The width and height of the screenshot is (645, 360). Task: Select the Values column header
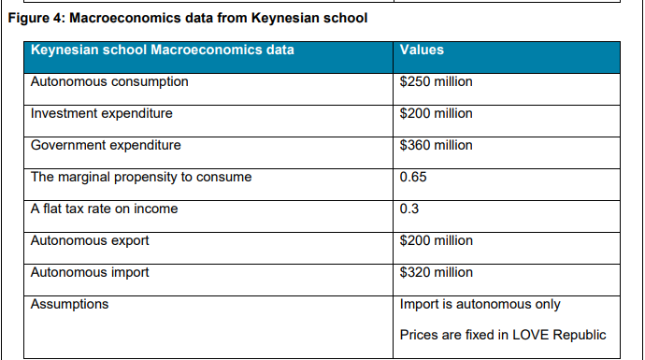422,50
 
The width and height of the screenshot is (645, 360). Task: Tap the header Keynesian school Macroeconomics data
162,50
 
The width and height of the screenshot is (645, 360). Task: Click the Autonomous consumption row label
109,82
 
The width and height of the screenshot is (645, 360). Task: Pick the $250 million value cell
436,82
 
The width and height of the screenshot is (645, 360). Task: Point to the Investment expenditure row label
102,114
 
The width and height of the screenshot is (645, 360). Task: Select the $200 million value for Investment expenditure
436,114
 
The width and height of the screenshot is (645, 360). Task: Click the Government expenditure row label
106,146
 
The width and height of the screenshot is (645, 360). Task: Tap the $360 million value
436,146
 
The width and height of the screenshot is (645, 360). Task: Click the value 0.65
412,178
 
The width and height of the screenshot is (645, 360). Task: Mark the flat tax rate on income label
105,209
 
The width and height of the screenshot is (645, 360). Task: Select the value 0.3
408,209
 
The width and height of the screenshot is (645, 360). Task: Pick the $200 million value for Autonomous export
436,241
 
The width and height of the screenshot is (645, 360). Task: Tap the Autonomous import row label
91,273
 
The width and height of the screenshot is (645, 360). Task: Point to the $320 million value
436,273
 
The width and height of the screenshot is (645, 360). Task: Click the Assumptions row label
69,305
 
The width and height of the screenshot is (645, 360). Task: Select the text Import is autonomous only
480,305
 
